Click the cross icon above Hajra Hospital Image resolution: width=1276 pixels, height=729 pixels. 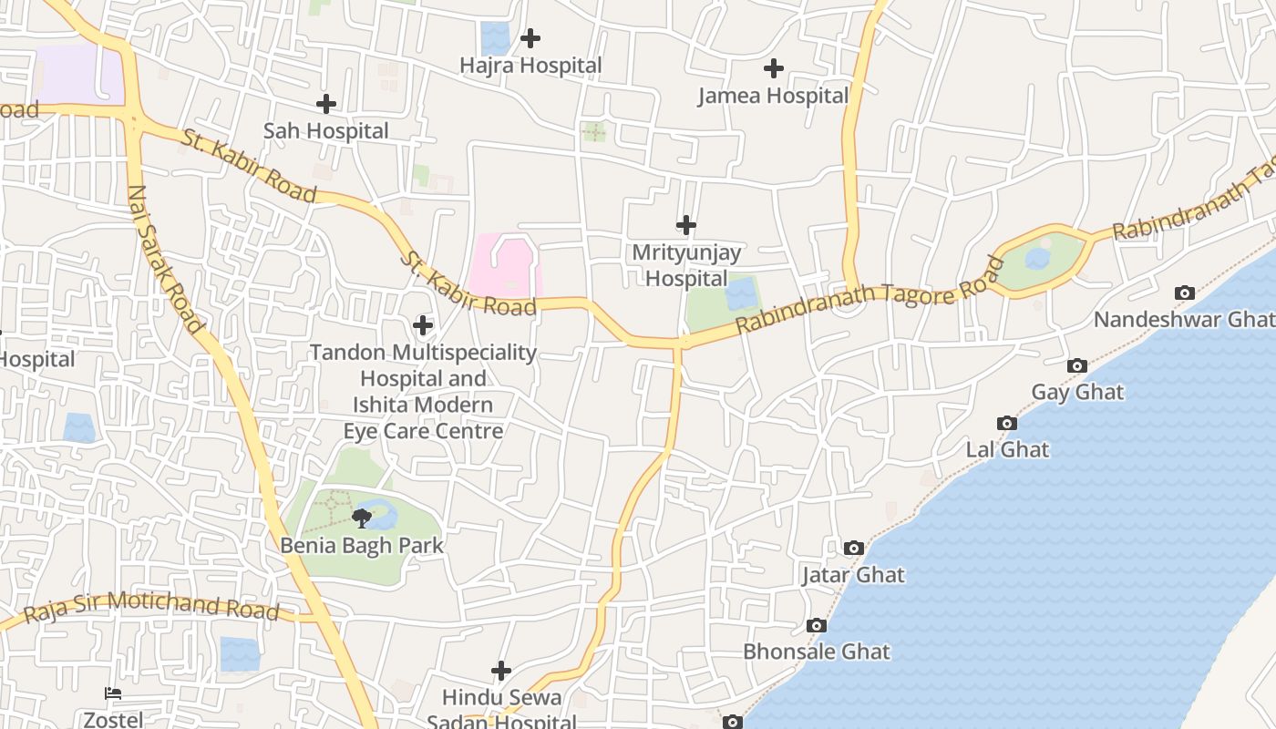tap(530, 38)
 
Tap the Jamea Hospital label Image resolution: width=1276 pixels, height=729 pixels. tap(773, 96)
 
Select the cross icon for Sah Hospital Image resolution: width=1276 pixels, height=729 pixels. tap(325, 104)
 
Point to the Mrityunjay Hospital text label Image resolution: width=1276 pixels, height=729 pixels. tap(686, 265)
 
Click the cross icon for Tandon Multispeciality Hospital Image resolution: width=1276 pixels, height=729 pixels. tap(423, 324)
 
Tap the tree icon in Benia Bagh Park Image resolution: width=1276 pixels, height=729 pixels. tap(362, 519)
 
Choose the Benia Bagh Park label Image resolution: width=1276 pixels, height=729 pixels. tap(362, 546)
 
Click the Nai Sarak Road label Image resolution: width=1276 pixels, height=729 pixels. tap(165, 260)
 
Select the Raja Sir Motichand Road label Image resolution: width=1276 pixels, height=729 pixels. tap(151, 606)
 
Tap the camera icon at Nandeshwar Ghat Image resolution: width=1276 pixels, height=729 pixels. tap(1184, 293)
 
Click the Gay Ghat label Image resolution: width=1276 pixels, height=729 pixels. tap(1077, 392)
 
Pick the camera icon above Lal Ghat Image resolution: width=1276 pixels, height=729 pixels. tap(1006, 423)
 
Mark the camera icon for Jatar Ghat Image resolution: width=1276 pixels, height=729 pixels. tap(853, 548)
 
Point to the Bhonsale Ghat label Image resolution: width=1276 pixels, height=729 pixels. tap(817, 652)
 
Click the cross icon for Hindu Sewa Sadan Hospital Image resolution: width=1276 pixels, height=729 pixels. tap(500, 671)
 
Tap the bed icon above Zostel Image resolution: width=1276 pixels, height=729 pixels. tap(113, 693)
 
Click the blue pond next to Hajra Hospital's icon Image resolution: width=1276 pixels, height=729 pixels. tap(495, 38)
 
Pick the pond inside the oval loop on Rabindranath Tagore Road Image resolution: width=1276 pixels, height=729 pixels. tap(1037, 259)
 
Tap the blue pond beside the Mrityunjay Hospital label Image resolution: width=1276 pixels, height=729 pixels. tap(741, 294)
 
